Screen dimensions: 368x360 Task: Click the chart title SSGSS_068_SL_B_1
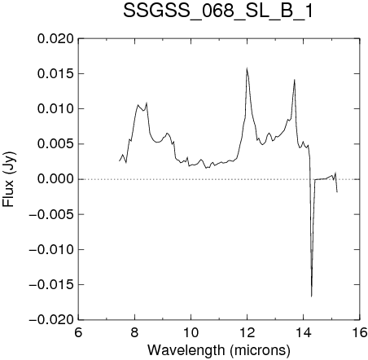click(218, 11)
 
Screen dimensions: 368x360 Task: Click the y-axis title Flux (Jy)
click(9, 179)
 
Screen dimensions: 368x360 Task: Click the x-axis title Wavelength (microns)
click(219, 350)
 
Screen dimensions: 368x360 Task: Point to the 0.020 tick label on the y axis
click(55, 39)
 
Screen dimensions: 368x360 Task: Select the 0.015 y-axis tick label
click(55, 74)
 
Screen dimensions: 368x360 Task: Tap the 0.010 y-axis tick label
click(55, 109)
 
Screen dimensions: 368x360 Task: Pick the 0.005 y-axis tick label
click(55, 144)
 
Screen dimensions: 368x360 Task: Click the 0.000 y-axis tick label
click(55, 179)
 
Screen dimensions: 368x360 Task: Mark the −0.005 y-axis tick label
click(51, 214)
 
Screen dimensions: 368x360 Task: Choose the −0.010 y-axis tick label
click(51, 249)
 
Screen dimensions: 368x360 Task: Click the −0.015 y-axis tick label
click(51, 285)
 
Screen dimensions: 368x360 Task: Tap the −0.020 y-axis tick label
click(51, 320)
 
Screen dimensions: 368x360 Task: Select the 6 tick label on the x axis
click(78, 332)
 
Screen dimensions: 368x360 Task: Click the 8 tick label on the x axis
click(134, 332)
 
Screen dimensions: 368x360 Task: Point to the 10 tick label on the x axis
click(191, 332)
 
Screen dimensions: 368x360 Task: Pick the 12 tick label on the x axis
click(248, 332)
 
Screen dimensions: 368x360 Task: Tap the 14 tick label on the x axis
click(304, 332)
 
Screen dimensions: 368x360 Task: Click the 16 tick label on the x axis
click(360, 332)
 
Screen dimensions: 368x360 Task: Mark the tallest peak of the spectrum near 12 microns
click(247, 68)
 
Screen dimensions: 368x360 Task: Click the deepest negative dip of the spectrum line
click(311, 296)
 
